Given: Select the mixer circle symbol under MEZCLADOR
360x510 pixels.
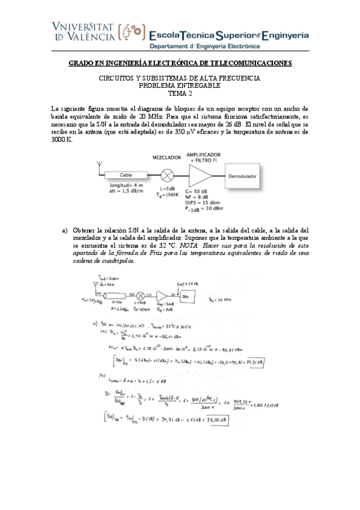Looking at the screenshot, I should coord(169,176).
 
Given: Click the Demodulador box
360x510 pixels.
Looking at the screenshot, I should coord(242,176).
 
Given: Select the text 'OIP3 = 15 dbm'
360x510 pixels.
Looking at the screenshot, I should coord(204,202).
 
